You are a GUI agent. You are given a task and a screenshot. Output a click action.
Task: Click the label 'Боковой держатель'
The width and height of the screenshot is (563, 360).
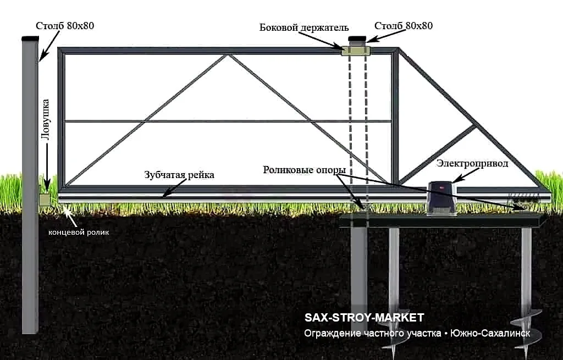click(303, 27)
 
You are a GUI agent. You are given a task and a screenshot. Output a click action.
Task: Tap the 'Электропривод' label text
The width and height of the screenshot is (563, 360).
click(472, 164)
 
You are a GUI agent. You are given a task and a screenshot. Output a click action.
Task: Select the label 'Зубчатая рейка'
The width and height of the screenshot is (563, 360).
click(179, 175)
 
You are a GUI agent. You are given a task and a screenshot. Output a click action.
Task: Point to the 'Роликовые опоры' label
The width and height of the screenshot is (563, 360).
click(304, 170)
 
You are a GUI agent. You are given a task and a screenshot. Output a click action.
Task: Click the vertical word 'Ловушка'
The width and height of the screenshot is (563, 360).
click(46, 119)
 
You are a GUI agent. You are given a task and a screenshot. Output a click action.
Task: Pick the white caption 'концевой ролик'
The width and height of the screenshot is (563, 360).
click(79, 232)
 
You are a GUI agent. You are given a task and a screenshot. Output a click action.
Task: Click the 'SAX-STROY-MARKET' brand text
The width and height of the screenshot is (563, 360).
click(364, 318)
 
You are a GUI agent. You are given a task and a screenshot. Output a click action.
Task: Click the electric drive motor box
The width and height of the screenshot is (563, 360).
click(441, 198)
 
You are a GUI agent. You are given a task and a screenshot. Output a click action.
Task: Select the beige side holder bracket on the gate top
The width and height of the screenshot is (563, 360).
click(356, 50)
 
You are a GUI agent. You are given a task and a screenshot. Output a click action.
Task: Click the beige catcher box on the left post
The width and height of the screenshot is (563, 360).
click(45, 200)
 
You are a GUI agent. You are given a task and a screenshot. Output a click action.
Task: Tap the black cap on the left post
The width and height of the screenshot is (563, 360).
click(30, 38)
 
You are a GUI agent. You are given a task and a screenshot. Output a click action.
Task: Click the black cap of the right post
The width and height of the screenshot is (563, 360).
click(357, 39)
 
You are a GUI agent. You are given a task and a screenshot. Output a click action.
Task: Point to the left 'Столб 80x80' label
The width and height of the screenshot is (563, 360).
click(65, 26)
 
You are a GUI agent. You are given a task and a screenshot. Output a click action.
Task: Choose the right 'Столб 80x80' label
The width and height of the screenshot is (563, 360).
click(403, 26)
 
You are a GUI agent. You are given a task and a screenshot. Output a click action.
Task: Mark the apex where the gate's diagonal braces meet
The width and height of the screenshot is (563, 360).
click(228, 56)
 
